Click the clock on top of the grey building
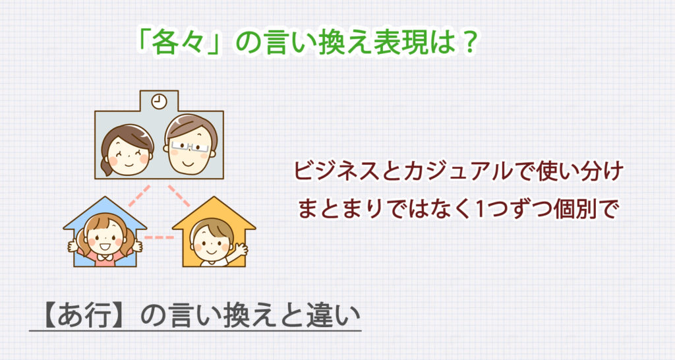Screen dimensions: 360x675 159,102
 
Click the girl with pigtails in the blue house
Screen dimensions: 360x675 105,237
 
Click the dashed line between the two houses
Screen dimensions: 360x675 158,237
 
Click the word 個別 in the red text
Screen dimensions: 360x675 575,208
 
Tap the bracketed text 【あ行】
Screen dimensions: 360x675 83,315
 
